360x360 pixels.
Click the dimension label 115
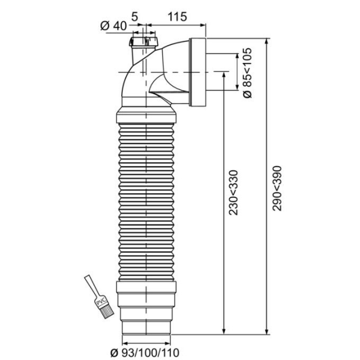(x=177, y=17)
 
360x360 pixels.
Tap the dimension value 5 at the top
(x=134, y=17)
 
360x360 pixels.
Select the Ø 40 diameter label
(x=113, y=26)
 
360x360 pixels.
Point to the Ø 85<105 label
(x=247, y=73)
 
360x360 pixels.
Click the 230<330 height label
(x=234, y=193)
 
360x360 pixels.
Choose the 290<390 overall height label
(x=277, y=188)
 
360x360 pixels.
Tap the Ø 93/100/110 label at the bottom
(x=145, y=353)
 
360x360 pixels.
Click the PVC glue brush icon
(x=99, y=296)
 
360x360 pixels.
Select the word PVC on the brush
(x=101, y=301)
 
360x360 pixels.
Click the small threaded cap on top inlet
(x=144, y=41)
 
